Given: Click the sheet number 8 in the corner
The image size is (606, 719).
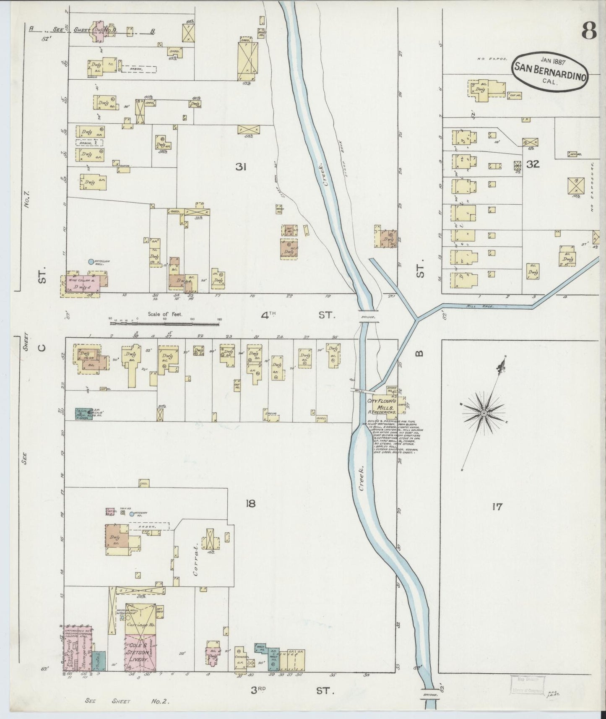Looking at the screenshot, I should point(589,31).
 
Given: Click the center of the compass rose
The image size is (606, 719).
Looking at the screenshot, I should point(484,413).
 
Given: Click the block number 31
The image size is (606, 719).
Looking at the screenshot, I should point(240,167).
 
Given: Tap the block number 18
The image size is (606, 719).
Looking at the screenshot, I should point(250,503).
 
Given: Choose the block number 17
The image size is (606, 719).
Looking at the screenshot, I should point(497,507).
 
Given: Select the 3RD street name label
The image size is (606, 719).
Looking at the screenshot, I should point(264,690).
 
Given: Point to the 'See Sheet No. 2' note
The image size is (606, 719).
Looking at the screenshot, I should point(127,701).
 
